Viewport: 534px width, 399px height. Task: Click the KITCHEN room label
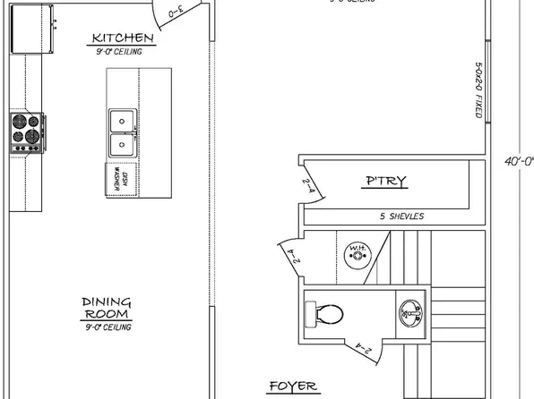[x=123, y=38]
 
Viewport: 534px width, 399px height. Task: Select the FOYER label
[x=293, y=386]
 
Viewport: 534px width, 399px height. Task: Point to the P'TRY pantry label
[x=387, y=182]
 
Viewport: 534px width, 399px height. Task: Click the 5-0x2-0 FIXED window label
[x=481, y=89]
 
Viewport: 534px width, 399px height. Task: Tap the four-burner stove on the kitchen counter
[x=27, y=132]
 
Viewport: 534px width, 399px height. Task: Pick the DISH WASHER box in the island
[x=122, y=179]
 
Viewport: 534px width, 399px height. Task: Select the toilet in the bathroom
[x=324, y=314]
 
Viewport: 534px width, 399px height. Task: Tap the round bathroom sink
[x=409, y=312]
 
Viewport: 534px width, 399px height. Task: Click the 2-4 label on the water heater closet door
[x=291, y=260]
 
